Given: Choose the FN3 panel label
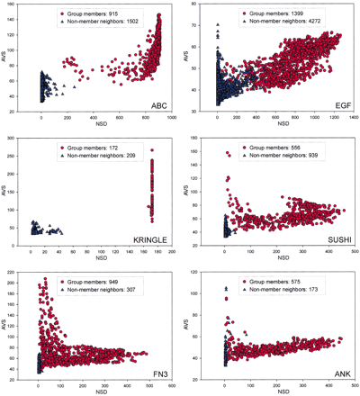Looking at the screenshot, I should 152,371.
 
